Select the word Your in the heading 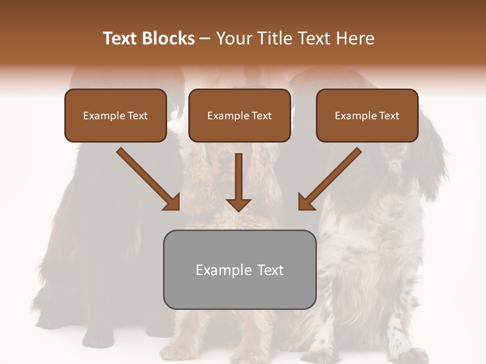[x=234, y=38]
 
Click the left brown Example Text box [x=115, y=116]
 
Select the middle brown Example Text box [x=239, y=116]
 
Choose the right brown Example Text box [x=367, y=116]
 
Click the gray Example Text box [x=239, y=270]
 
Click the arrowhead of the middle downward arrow [x=238, y=205]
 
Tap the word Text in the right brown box [x=389, y=116]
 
